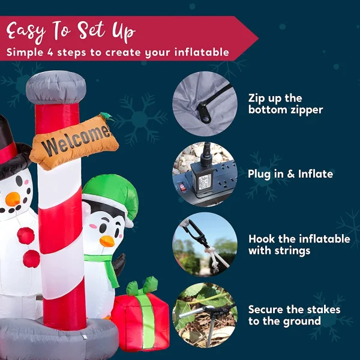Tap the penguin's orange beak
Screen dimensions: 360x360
[x=106, y=241]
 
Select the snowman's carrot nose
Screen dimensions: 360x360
[x=12, y=197]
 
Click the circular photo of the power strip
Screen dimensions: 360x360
[x=205, y=174]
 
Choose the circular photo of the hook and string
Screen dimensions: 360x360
[x=205, y=244]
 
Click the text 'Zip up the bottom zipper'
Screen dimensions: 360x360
[x=286, y=104]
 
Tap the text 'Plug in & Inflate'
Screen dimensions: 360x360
[x=290, y=174]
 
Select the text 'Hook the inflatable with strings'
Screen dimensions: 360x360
[x=299, y=244]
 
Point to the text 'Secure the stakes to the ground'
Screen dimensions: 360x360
[x=294, y=315]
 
